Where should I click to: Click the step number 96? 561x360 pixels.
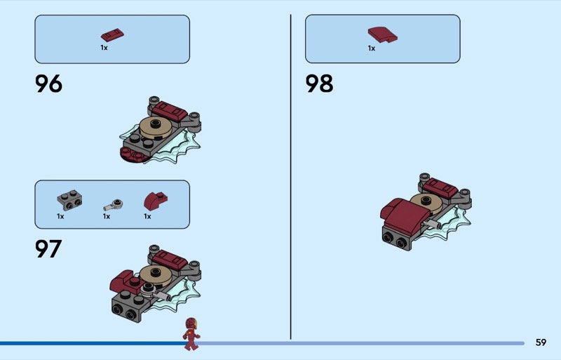point(48,84)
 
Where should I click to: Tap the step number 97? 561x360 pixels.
point(48,249)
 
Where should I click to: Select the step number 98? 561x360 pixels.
point(319,84)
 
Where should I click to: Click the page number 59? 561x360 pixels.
point(541,342)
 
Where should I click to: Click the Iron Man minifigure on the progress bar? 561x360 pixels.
point(191,333)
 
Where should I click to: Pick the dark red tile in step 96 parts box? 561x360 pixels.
point(112,35)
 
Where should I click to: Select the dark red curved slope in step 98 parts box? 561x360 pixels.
point(382,35)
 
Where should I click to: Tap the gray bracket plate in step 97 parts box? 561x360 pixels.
point(69,200)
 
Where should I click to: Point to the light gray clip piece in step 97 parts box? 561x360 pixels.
point(114,205)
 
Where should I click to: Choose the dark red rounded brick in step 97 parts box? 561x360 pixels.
point(155,201)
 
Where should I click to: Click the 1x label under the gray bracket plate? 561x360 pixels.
point(60,216)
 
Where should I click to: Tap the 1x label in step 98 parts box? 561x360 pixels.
point(372,48)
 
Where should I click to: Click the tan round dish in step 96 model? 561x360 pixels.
point(155,128)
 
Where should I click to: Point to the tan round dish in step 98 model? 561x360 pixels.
point(426,201)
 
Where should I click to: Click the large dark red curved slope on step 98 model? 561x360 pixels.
point(405,215)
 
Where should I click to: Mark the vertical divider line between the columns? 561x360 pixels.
point(291,177)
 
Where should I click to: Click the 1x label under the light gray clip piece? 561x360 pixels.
point(107,216)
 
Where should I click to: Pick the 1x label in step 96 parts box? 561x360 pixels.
point(104,48)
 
